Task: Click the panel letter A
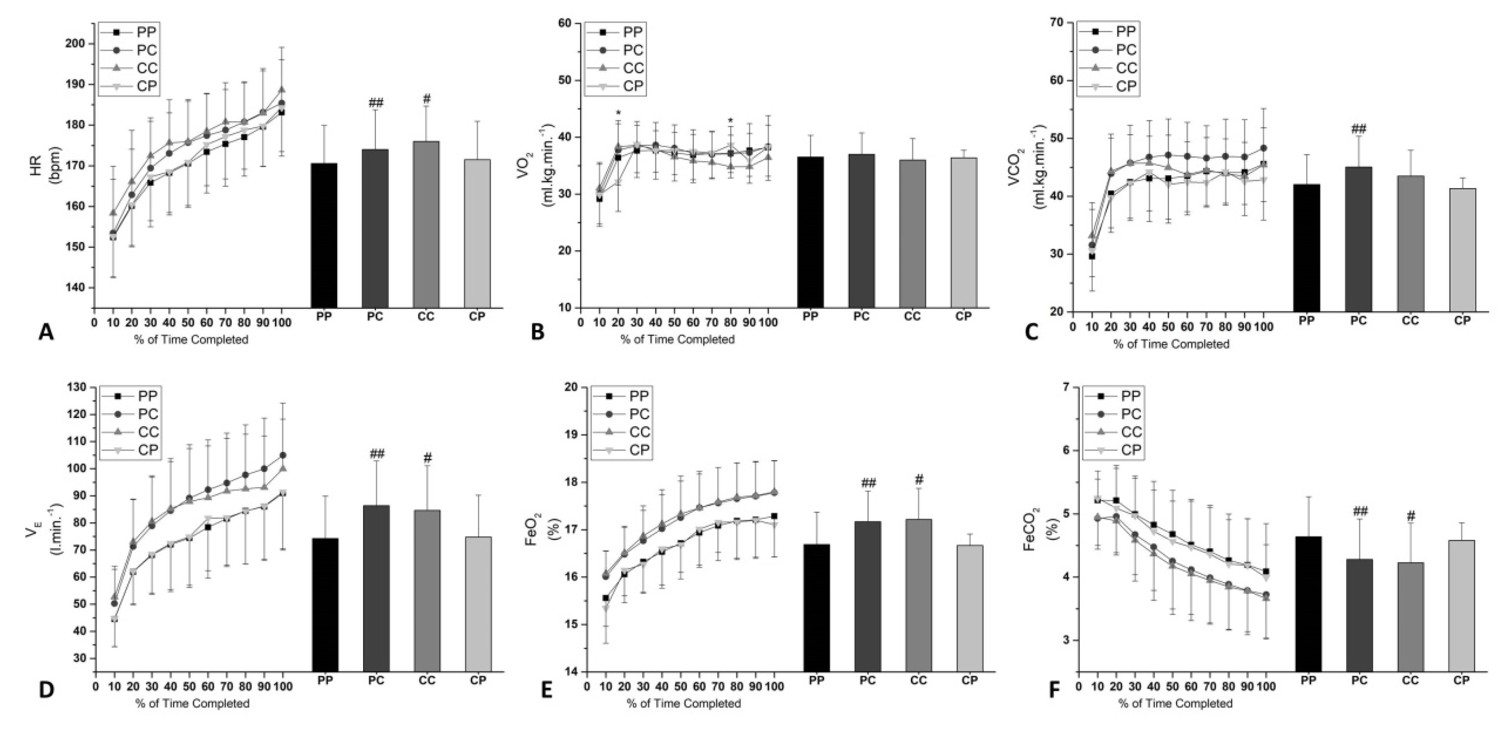(46, 332)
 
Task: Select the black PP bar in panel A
(324, 234)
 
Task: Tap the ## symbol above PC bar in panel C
(1358, 129)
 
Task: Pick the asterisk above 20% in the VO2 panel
(618, 113)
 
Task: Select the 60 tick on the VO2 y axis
(566, 24)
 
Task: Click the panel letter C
(1032, 332)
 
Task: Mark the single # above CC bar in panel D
(427, 457)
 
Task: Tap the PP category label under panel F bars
(1308, 680)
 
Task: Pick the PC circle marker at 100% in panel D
(283, 455)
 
